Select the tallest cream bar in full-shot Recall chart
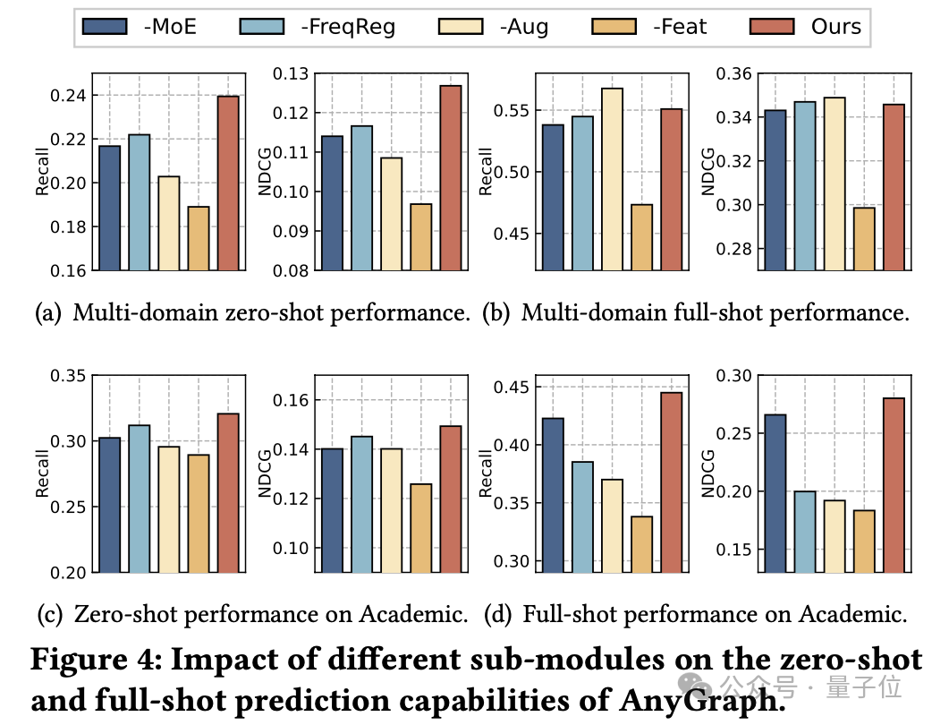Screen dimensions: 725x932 coord(612,178)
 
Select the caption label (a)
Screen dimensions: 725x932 coord(49,313)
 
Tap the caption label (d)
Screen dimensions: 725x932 coord(499,614)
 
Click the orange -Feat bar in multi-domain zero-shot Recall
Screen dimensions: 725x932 coord(199,238)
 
